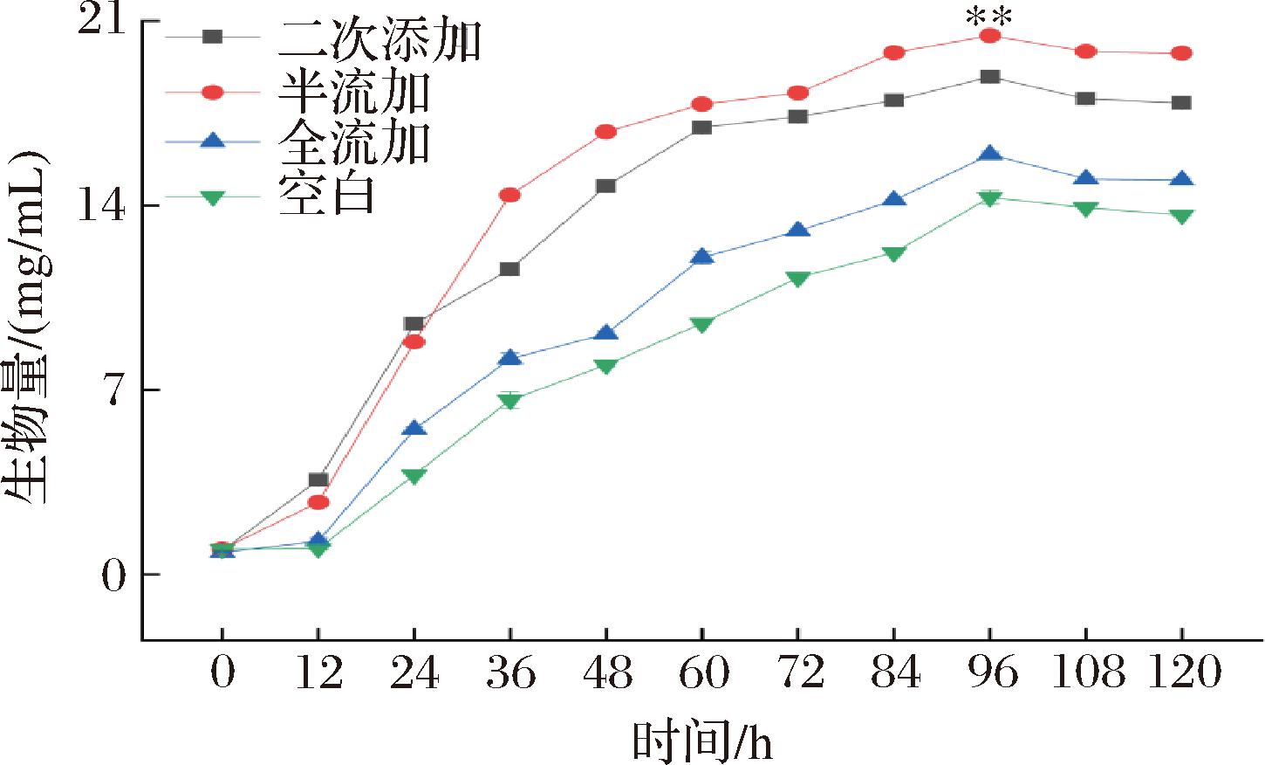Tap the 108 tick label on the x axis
(1085, 674)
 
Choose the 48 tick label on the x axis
(605, 674)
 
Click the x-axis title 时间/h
(702, 741)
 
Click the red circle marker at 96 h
(989, 36)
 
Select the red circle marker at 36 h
(509, 195)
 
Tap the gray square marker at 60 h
(701, 127)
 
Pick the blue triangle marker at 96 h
(989, 155)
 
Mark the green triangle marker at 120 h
(1181, 216)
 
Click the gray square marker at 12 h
(318, 479)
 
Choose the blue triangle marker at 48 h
(605, 333)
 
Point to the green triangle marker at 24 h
(414, 476)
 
